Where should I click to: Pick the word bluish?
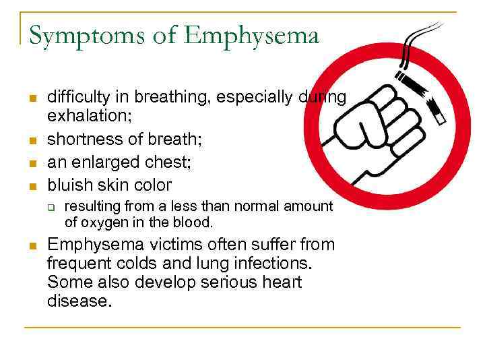[x=69, y=184]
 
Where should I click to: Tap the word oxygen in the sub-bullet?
[x=99, y=222]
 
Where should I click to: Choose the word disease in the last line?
[x=77, y=301]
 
